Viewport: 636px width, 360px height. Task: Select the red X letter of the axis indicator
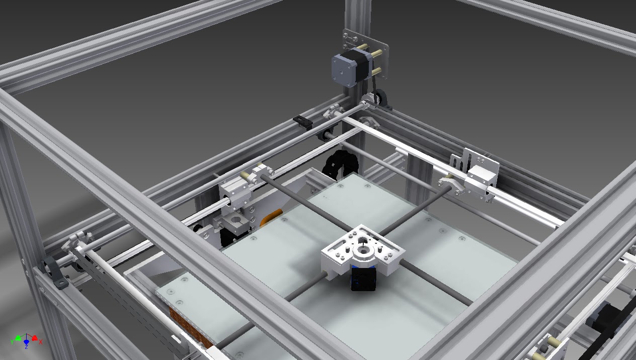tap(41, 341)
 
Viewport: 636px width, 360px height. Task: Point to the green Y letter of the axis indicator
tap(12, 341)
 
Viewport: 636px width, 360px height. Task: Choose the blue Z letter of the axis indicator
tap(26, 346)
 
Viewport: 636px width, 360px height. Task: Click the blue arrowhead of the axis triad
tap(26, 342)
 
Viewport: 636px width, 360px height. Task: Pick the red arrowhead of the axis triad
tap(34, 338)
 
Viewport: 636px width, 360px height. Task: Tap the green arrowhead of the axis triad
tap(18, 338)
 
